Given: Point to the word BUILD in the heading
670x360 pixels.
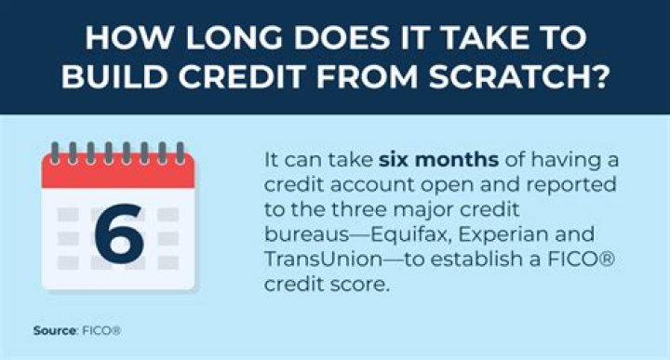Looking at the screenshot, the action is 115,77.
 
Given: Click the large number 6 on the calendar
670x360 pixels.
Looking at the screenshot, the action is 119,233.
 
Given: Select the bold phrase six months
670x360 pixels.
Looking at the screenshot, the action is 439,160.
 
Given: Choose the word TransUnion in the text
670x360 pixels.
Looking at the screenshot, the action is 323,260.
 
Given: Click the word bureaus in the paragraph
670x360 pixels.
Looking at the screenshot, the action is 307,234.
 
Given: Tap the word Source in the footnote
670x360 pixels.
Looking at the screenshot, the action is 55,330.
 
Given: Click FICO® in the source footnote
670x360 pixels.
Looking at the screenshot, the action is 101,330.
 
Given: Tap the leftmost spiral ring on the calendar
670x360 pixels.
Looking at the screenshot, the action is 55,153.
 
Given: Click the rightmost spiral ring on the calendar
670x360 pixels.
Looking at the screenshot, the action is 181,153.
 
